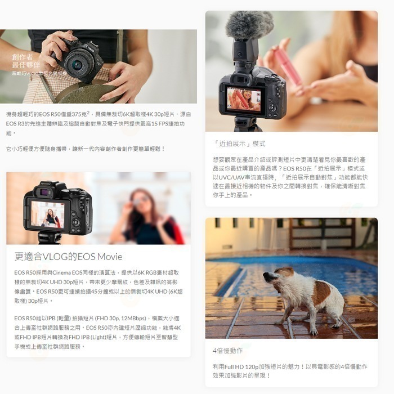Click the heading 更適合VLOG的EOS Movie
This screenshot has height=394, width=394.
[x=68, y=257]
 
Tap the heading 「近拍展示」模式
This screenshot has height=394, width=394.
[x=239, y=144]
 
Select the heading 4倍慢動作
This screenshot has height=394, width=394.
[x=228, y=351]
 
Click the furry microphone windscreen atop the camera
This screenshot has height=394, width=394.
[x=249, y=25]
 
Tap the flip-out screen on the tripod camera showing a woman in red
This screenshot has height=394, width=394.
[x=47, y=213]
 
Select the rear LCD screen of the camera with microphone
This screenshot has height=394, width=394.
[x=244, y=98]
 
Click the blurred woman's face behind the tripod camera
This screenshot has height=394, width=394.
[x=140, y=200]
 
